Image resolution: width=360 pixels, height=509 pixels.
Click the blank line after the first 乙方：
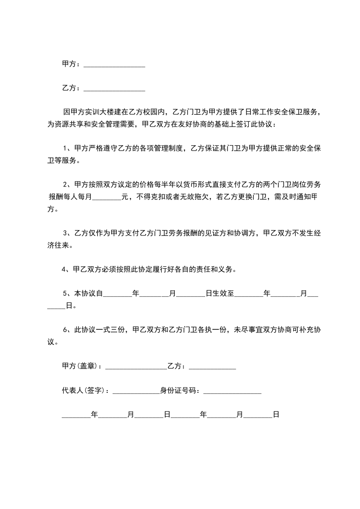tap(114, 89)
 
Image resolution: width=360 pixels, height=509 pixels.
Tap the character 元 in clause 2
tap(125, 197)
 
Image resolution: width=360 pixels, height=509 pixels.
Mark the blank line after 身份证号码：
tap(232, 391)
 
